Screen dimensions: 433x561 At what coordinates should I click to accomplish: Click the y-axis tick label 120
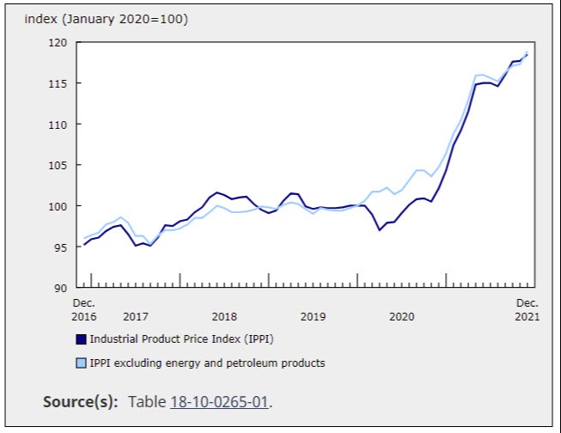pyautogui.click(x=58, y=42)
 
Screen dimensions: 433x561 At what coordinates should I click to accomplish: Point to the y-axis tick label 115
pyautogui.click(x=58, y=83)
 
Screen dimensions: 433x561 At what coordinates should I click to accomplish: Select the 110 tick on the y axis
pyautogui.click(x=58, y=125)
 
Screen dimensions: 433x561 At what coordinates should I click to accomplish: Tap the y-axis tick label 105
pyautogui.click(x=58, y=165)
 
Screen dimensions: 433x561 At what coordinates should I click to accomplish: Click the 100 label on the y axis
pyautogui.click(x=58, y=206)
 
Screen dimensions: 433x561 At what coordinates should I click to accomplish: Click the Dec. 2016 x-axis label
pyautogui.click(x=84, y=310)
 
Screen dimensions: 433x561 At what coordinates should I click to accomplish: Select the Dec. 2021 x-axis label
pyautogui.click(x=527, y=310)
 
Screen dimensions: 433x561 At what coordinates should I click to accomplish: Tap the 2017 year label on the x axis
pyautogui.click(x=136, y=317)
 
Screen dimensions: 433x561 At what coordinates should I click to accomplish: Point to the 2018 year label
pyautogui.click(x=224, y=317)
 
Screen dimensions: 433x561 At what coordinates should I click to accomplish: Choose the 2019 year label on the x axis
pyautogui.click(x=313, y=317)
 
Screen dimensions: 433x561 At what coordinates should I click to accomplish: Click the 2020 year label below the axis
pyautogui.click(x=401, y=317)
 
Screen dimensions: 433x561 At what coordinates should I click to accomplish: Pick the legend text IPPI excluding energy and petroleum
pyautogui.click(x=207, y=363)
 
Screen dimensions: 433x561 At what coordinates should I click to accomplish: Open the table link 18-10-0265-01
pyautogui.click(x=220, y=402)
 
